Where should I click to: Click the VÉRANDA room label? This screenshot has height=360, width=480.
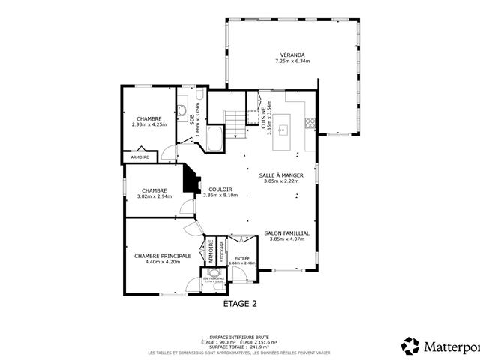point(292,55)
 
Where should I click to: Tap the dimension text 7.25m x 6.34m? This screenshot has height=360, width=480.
point(292,61)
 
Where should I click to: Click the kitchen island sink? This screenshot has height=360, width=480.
point(283,130)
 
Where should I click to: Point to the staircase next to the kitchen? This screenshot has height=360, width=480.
point(235,124)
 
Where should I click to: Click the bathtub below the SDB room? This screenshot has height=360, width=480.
point(214,139)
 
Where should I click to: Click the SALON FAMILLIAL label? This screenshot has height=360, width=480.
point(287,233)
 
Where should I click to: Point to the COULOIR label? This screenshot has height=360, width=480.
point(220,189)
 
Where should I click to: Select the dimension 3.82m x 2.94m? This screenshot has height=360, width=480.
point(154,196)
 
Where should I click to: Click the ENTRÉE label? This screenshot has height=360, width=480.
point(241,258)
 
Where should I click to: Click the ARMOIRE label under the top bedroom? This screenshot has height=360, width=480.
point(140,157)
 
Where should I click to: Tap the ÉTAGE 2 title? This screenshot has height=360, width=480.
point(240,304)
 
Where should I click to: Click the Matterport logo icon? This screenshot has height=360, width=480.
point(410,346)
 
